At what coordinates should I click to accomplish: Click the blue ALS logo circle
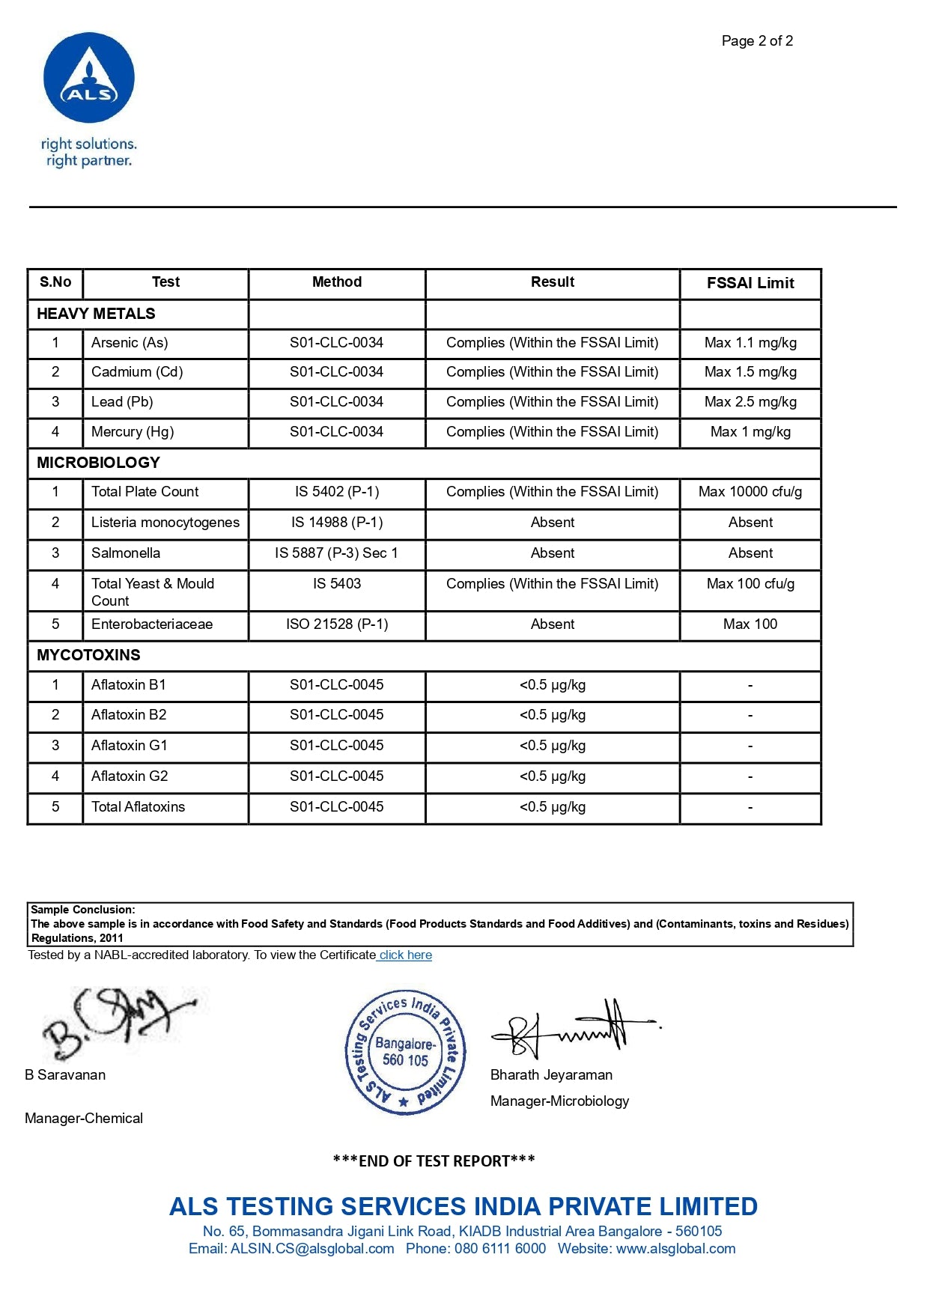[x=89, y=78]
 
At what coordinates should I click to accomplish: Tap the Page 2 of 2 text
[x=757, y=41]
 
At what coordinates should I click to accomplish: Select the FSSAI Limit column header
[x=750, y=283]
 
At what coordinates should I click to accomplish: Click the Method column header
[x=337, y=282]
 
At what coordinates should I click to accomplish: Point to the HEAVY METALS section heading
[x=96, y=314]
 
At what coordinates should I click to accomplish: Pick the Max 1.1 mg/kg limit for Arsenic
[x=750, y=343]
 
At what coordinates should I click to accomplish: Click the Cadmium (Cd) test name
[x=137, y=372]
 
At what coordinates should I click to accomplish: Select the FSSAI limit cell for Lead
[x=750, y=402]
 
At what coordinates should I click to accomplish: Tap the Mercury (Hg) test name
[x=133, y=432]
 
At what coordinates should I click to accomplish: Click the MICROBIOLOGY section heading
[x=98, y=463]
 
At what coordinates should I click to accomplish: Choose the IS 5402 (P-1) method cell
[x=337, y=492]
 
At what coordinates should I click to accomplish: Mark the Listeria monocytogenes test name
[x=165, y=523]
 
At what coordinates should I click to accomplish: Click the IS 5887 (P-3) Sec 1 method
[x=337, y=553]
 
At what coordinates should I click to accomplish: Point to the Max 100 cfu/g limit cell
[x=750, y=584]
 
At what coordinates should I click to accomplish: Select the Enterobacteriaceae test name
[x=152, y=624]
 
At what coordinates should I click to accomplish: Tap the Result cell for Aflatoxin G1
[x=553, y=746]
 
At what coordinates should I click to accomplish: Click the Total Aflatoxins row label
[x=138, y=807]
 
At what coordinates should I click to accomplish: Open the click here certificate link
[x=405, y=955]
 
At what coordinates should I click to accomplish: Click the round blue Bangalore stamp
[x=405, y=1052]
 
